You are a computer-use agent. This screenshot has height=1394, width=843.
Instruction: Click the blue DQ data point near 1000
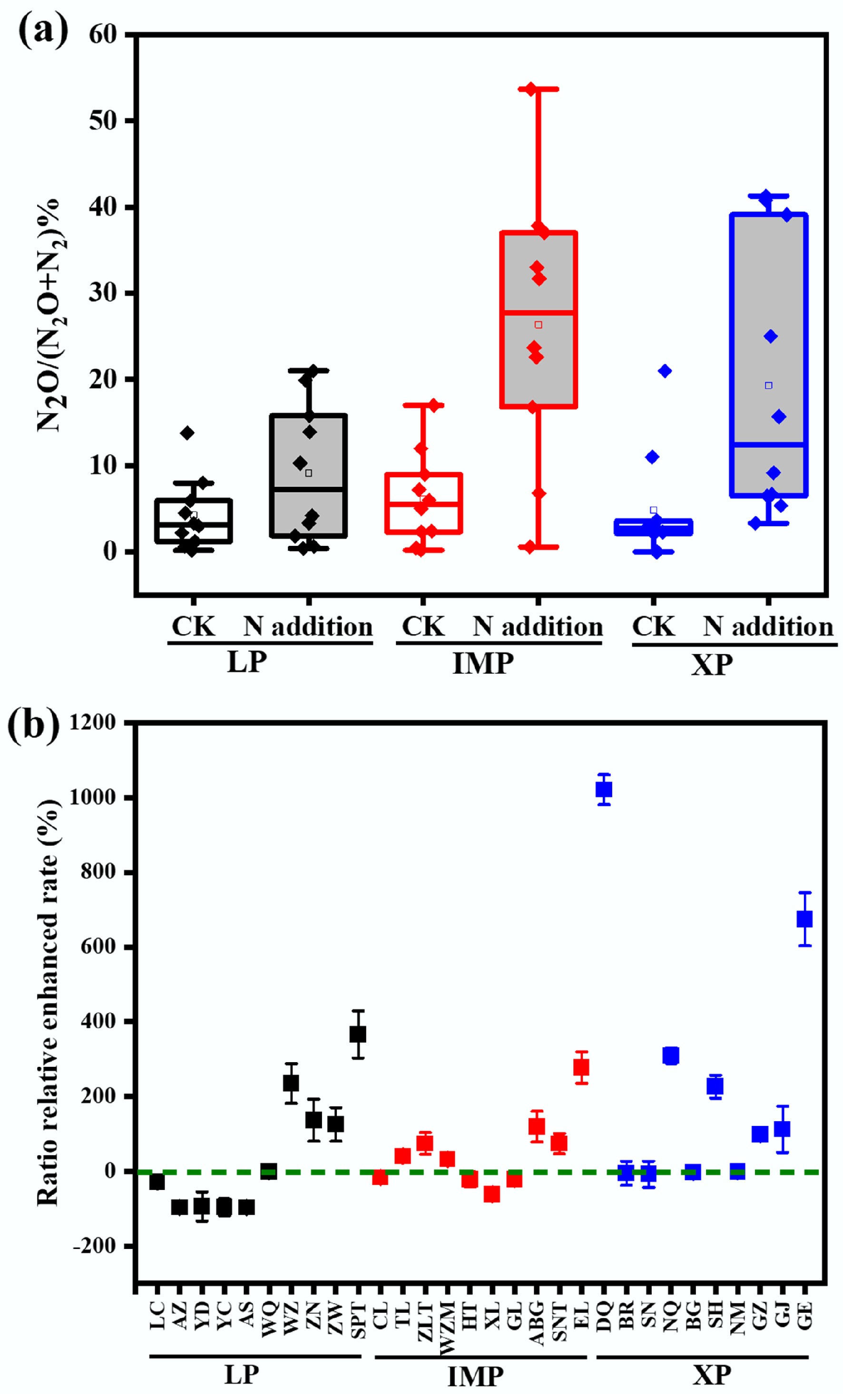tap(604, 789)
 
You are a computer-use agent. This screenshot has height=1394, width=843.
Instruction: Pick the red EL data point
tap(581, 1067)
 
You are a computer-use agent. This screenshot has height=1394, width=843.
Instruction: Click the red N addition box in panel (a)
tap(538, 319)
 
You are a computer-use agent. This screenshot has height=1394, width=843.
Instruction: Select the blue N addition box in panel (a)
tap(768, 355)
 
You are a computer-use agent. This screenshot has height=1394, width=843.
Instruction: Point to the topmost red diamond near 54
tap(531, 89)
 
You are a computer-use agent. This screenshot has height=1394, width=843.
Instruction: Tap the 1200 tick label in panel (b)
tap(92, 723)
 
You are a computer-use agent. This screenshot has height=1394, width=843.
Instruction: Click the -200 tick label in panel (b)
tap(95, 1246)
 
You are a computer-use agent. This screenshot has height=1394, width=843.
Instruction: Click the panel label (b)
tap(33, 725)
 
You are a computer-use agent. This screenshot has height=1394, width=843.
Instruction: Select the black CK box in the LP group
tap(193, 521)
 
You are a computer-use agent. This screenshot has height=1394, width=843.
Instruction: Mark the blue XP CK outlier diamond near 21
tap(665, 371)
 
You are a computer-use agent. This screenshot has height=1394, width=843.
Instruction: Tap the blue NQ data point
tap(670, 1055)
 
